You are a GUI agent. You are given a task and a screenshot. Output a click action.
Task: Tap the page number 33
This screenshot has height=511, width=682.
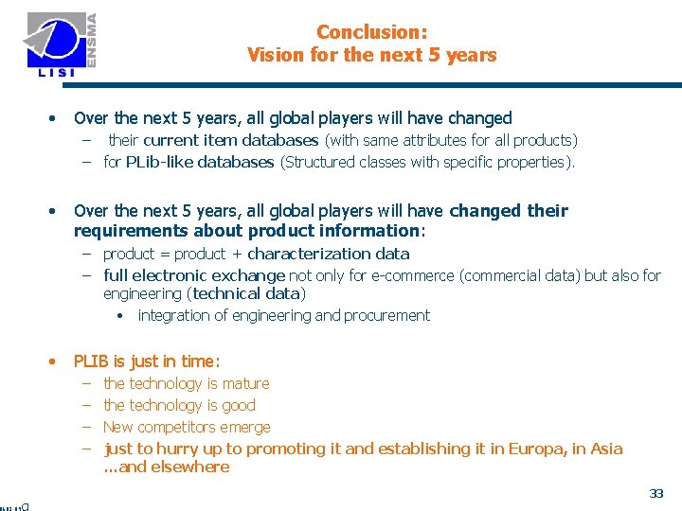[656, 493]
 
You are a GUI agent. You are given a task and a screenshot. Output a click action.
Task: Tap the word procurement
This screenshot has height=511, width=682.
[386, 315]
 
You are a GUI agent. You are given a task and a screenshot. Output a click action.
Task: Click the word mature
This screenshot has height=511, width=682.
[244, 383]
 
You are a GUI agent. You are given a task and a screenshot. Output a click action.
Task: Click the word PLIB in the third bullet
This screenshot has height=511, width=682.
[92, 361]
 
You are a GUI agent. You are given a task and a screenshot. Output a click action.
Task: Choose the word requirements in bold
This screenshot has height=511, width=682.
[122, 231]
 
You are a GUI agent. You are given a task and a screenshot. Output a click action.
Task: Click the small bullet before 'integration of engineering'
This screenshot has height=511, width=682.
[121, 316]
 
